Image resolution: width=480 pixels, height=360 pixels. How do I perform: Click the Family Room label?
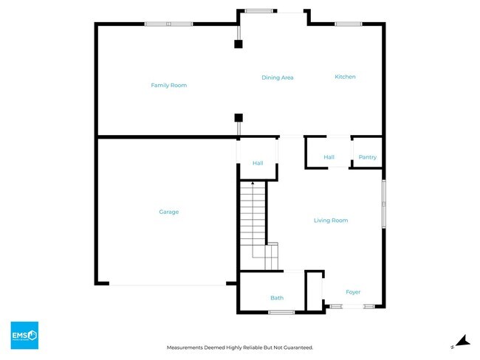[168, 86]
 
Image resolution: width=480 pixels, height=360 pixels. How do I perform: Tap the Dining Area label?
[278, 77]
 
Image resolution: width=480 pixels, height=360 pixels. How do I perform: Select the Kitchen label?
[345, 77]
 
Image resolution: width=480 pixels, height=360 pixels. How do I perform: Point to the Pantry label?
[367, 157]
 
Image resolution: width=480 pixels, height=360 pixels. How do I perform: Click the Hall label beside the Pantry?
[329, 157]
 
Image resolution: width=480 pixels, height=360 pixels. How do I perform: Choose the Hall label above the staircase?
[258, 163]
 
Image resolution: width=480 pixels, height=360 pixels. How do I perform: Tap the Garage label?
[168, 212]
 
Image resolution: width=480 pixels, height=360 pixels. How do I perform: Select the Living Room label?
[330, 221]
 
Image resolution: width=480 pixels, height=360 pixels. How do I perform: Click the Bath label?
[277, 298]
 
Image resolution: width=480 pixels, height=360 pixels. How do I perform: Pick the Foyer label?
[353, 292]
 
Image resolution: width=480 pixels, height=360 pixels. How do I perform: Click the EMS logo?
[24, 336]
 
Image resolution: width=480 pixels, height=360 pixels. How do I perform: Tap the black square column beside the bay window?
[238, 44]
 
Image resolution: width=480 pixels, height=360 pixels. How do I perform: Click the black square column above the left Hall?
[238, 117]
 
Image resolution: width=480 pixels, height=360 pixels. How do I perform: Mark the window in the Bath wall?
[281, 312]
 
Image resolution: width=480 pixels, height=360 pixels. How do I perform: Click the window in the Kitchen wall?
[347, 24]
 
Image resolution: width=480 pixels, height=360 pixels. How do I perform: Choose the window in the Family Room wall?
[168, 24]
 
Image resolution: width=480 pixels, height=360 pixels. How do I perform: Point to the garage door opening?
[168, 284]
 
